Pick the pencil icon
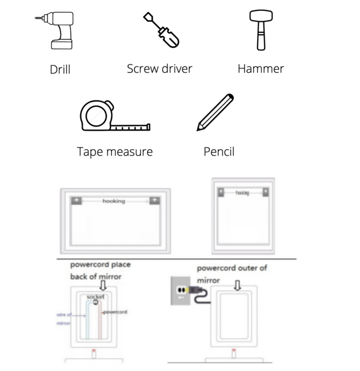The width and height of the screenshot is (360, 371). [x=216, y=112]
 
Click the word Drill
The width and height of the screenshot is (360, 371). [x=60, y=70]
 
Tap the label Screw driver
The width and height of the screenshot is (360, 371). [x=159, y=69]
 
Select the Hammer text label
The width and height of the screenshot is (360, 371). [x=261, y=69]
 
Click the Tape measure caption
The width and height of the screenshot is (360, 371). [x=115, y=152]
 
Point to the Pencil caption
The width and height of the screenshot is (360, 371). [x=219, y=152]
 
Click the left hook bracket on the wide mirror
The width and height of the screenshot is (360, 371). [x=76, y=201]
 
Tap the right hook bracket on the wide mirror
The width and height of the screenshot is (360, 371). [x=154, y=201]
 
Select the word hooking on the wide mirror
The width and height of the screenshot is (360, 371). [x=114, y=201]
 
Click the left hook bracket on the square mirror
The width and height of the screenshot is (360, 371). [x=220, y=192]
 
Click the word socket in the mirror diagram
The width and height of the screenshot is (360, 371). [x=95, y=296]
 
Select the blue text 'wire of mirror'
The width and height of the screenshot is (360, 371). [x=64, y=318]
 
